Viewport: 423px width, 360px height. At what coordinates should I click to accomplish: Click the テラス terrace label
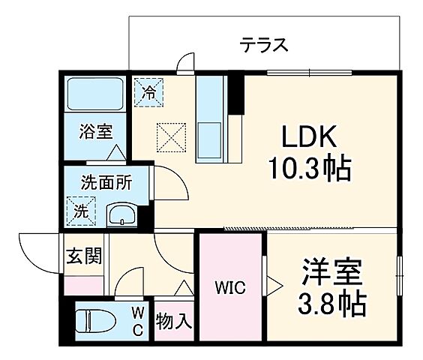pyautogui.click(x=264, y=44)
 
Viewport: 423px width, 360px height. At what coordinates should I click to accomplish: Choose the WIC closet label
pyautogui.click(x=229, y=287)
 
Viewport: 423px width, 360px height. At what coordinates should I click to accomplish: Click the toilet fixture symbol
pyautogui.click(x=93, y=320)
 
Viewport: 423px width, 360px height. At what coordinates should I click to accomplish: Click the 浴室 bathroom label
pyautogui.click(x=96, y=132)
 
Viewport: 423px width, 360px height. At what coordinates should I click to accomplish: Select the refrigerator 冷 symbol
pyautogui.click(x=148, y=94)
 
